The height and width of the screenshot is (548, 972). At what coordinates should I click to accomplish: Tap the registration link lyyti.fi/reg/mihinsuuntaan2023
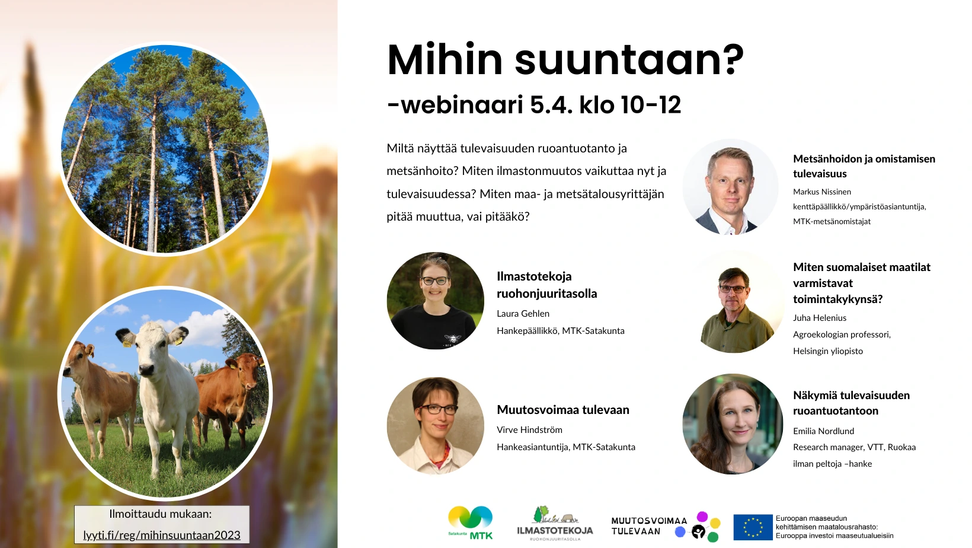162,535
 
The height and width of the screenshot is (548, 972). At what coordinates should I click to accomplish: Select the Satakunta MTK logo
471,523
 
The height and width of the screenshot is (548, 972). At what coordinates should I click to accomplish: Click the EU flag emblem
753,527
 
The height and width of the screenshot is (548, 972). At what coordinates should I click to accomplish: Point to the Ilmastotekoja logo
555,523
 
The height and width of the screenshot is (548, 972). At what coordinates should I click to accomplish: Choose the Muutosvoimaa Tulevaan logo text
649,526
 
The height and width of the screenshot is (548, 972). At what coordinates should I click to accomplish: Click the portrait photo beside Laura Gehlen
435,301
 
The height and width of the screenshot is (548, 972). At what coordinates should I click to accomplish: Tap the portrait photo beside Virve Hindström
435,426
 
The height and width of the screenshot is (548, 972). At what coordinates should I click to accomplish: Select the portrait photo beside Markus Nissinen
731,187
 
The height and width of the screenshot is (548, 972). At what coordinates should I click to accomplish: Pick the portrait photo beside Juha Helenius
736,304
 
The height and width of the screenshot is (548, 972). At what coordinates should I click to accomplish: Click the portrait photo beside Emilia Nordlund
733,424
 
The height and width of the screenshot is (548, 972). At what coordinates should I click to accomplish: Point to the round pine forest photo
165,148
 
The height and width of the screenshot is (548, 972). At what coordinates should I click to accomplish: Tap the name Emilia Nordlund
823,431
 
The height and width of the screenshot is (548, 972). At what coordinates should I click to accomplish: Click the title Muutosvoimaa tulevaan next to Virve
563,409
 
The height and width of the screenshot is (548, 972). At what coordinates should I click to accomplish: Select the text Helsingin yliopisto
828,351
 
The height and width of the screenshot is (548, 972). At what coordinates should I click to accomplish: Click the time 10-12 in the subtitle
651,104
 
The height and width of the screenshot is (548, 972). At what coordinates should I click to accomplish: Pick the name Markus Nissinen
822,192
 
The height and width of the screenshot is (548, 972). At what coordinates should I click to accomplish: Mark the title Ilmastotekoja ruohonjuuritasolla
546,285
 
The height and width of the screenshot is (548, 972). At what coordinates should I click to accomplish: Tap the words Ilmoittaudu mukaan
160,514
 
